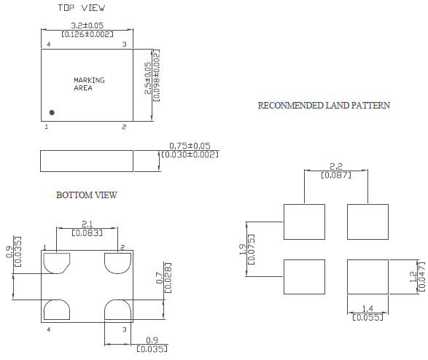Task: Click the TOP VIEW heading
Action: pyautogui.click(x=81, y=8)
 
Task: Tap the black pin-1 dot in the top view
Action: pyautogui.click(x=52, y=112)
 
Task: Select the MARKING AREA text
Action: pyautogui.click(x=89, y=84)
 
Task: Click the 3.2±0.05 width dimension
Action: pyautogui.click(x=87, y=26)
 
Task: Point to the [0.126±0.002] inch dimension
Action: pyautogui.click(x=87, y=34)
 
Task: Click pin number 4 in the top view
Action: pyautogui.click(x=48, y=44)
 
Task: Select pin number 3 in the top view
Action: pyautogui.click(x=124, y=44)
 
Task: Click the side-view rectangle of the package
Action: pyautogui.click(x=87, y=160)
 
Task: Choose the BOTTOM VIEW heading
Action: pyautogui.click(x=86, y=195)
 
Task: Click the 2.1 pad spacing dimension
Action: pyautogui.click(x=86, y=224)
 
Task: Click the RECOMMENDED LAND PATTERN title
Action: pyautogui.click(x=324, y=106)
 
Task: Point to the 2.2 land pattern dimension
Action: pyautogui.click(x=335, y=167)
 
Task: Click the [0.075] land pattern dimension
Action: pyautogui.click(x=252, y=249)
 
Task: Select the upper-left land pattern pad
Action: pyautogui.click(x=303, y=222)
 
